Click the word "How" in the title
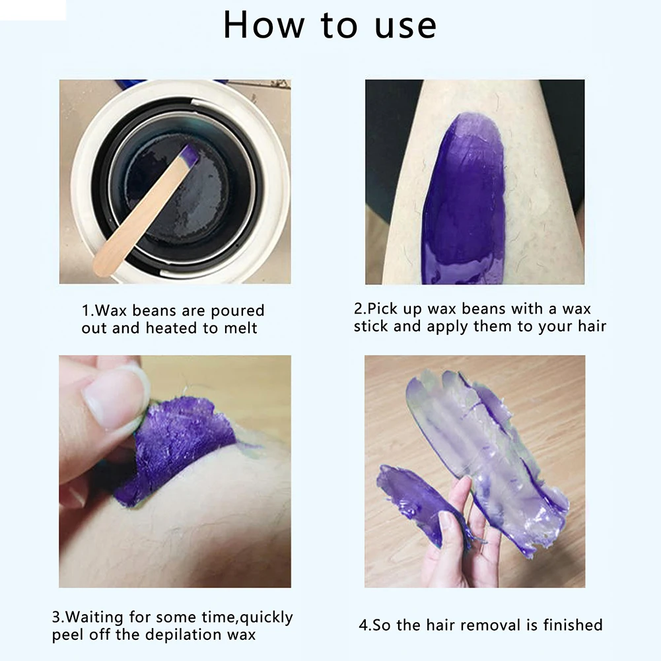pos(263,25)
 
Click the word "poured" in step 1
pos(237,311)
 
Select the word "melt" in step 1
pos(240,328)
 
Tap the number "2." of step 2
pos(361,308)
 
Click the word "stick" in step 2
pos(370,326)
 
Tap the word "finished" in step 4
pos(573,625)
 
